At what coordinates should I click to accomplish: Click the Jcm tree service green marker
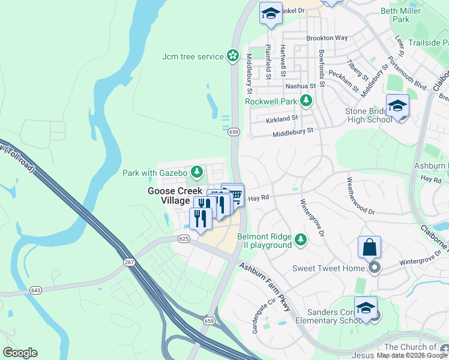tap(232, 56)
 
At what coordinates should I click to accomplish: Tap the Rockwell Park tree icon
tap(306, 101)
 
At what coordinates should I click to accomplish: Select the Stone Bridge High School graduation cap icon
tap(397, 106)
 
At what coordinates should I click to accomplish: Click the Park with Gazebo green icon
tap(196, 173)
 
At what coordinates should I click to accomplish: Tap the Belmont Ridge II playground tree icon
tap(301, 241)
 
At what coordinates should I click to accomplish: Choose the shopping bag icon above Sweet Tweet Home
tap(369, 247)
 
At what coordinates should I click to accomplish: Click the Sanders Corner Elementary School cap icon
tap(366, 308)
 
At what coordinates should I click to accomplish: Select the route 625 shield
tap(184, 239)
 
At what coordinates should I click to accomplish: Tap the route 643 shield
tap(35, 290)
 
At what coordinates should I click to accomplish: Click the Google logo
tap(20, 353)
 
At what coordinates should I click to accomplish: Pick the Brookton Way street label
tap(327, 38)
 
